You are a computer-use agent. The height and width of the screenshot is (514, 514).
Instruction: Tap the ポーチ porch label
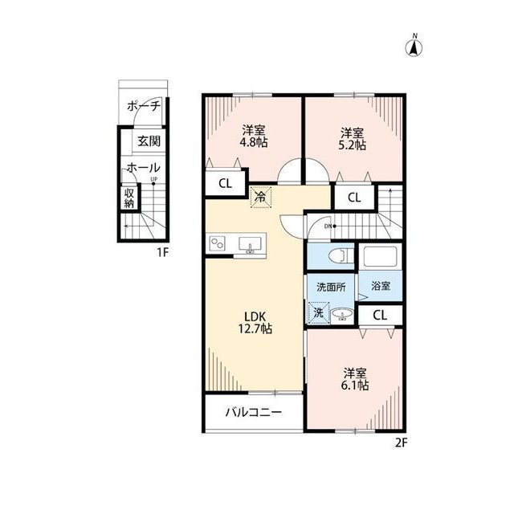click(x=144, y=106)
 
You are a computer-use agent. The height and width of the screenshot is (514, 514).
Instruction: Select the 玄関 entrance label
click(x=149, y=141)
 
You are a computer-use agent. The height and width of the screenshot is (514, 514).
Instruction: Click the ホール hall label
click(x=143, y=168)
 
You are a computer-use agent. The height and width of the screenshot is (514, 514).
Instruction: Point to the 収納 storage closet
click(x=129, y=198)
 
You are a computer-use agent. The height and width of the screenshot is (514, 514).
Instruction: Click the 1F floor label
click(x=162, y=252)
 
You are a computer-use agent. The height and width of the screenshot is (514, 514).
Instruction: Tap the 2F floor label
click(x=401, y=443)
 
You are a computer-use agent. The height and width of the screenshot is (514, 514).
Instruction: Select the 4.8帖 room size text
click(x=254, y=143)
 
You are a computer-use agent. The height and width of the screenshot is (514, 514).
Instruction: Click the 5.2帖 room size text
click(x=352, y=145)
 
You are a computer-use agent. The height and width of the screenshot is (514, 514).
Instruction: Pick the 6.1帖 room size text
click(x=355, y=385)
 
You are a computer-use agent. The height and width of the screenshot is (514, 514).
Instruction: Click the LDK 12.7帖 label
click(x=255, y=323)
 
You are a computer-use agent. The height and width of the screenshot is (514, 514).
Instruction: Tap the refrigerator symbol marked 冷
click(x=261, y=197)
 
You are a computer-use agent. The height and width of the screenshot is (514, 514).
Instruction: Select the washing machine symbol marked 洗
click(x=319, y=312)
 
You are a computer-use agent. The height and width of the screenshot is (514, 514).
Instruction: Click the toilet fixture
click(x=343, y=255)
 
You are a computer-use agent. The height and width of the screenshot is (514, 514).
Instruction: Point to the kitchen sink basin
click(x=251, y=244)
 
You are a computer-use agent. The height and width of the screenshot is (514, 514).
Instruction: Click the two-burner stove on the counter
click(x=217, y=243)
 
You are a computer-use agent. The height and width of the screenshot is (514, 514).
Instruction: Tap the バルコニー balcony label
click(x=254, y=412)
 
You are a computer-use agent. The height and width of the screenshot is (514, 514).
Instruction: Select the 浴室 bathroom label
click(x=381, y=286)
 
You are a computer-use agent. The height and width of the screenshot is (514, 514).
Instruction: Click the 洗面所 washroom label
click(x=331, y=288)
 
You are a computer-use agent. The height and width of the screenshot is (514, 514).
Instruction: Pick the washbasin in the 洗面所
click(x=342, y=315)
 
